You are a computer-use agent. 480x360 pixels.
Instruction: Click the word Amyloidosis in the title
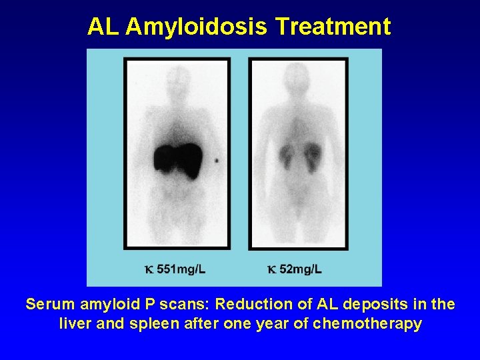[197, 27]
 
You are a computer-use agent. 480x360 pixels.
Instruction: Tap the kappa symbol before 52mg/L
[271, 270]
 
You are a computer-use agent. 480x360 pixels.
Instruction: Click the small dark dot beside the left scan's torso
[216, 161]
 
